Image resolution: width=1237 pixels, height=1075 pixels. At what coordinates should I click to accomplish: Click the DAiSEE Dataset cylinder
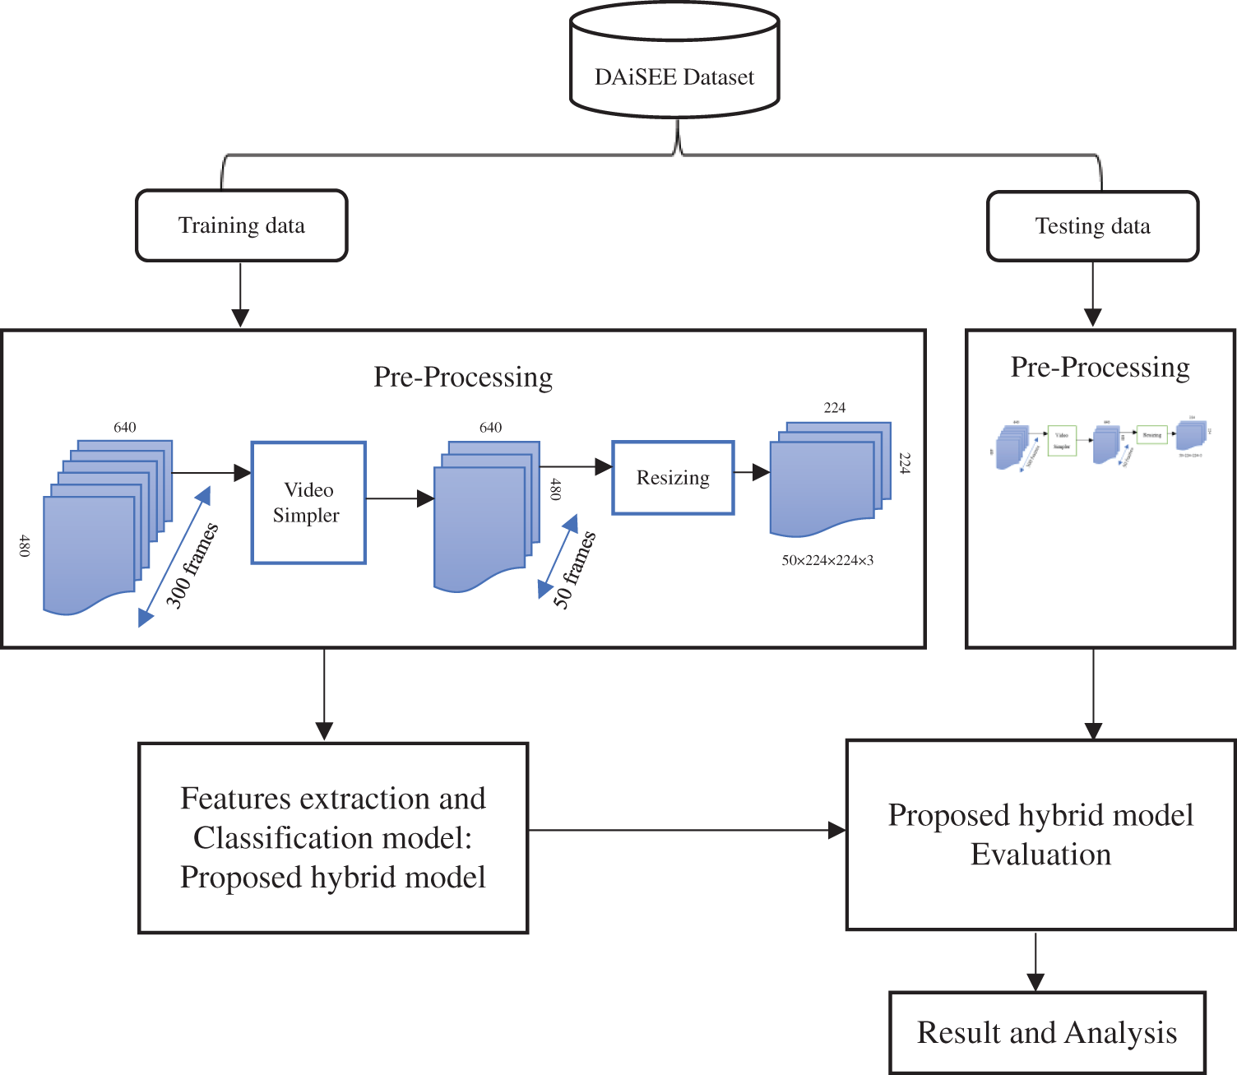(x=674, y=62)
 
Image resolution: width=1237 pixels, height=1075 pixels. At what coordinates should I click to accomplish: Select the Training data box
(x=242, y=226)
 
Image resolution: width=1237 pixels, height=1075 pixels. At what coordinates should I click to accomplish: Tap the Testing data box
(x=1092, y=226)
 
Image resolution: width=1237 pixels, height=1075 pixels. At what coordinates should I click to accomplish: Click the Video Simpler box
(x=308, y=503)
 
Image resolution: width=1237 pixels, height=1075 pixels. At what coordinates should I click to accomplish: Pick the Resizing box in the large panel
(x=673, y=478)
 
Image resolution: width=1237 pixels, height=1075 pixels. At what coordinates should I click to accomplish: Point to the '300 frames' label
(x=192, y=565)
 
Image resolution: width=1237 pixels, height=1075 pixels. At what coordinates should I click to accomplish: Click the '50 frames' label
(x=574, y=570)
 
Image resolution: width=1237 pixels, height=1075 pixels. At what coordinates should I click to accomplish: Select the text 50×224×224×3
(x=827, y=561)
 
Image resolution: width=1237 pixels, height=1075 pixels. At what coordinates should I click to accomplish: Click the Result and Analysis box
(x=1047, y=1032)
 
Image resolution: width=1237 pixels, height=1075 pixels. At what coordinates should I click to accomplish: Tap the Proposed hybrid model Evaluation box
(x=1040, y=835)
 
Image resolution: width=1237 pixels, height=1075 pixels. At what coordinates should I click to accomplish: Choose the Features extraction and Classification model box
(x=333, y=837)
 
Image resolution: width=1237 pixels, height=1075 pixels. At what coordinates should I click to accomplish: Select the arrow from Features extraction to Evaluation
(x=687, y=831)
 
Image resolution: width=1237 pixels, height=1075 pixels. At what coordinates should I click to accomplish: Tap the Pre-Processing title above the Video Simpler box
(x=463, y=377)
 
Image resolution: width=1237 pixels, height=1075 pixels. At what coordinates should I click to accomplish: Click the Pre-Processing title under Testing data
(x=1100, y=367)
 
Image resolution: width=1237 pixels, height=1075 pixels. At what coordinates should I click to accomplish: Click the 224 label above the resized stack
(x=835, y=408)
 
